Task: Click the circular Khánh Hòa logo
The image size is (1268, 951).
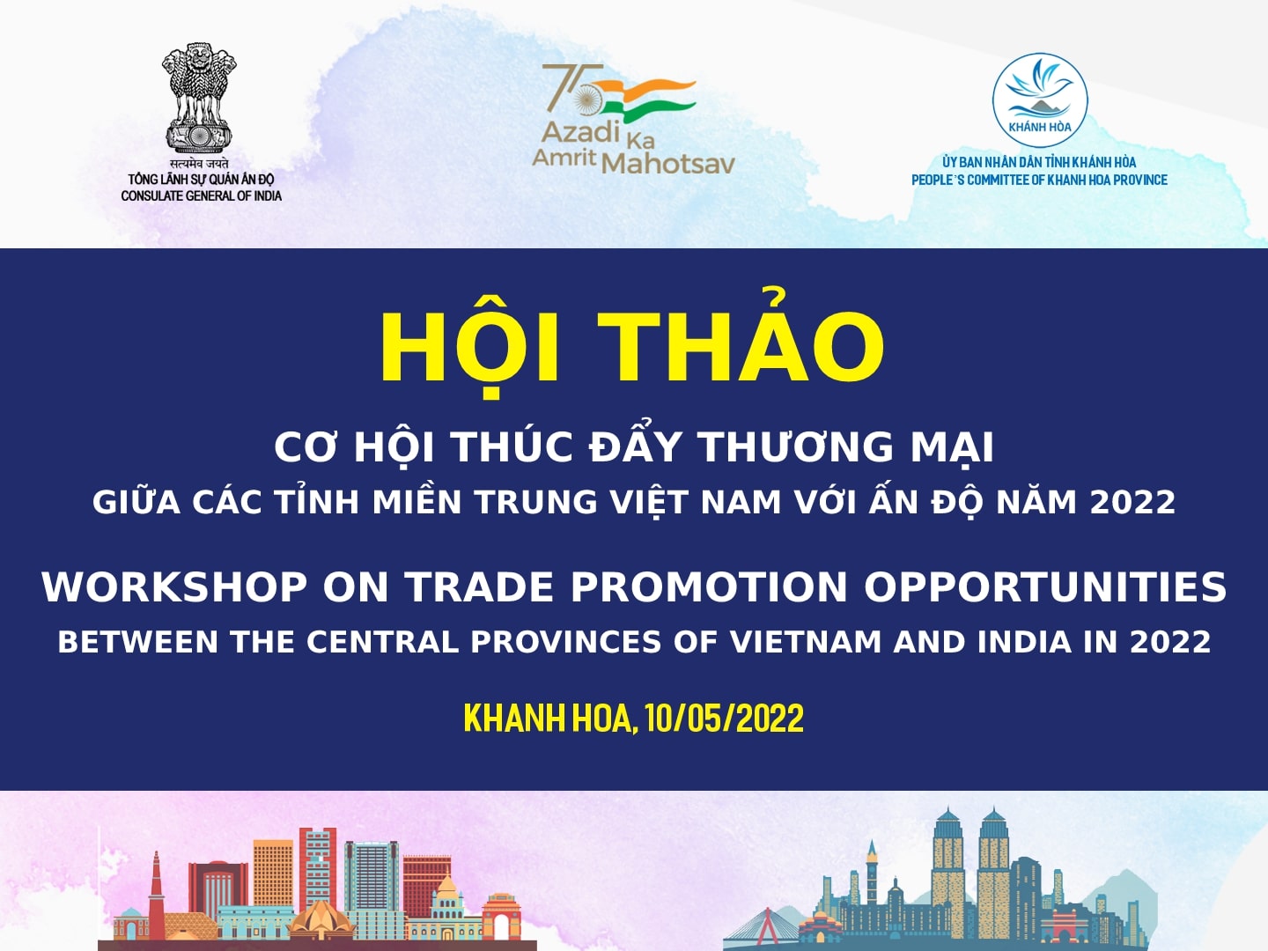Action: (1040, 100)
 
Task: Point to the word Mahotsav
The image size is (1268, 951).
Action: (667, 164)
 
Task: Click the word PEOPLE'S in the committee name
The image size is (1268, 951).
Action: (938, 181)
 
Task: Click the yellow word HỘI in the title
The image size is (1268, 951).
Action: (469, 348)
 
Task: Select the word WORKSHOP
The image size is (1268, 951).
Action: (174, 587)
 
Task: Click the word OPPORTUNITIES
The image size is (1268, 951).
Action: (1045, 587)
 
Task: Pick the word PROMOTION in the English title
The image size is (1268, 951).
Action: (709, 587)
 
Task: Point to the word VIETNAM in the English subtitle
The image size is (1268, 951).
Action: (806, 642)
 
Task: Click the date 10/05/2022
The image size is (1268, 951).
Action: (725, 719)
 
